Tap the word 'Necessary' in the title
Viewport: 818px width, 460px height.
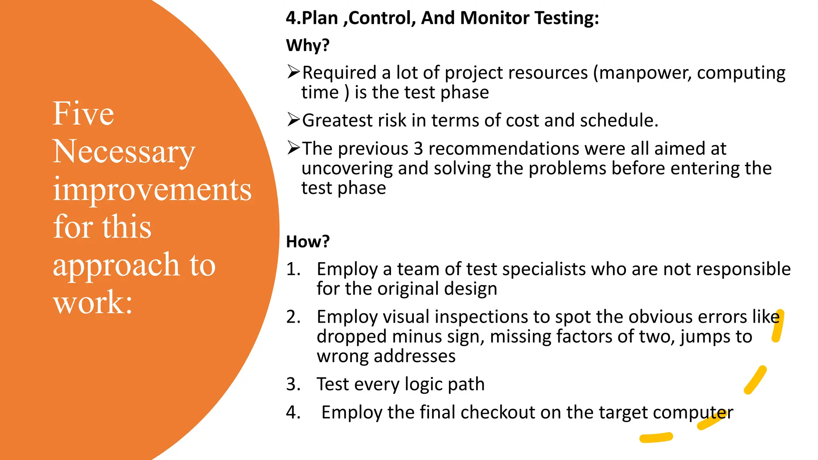point(124,152)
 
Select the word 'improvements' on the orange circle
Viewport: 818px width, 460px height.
point(152,189)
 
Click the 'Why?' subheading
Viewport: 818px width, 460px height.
point(308,45)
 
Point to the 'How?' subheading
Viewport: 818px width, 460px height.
point(308,242)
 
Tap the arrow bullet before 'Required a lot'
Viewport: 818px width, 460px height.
point(293,72)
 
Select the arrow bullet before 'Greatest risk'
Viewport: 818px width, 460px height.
point(293,119)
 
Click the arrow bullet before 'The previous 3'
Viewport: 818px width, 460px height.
point(293,148)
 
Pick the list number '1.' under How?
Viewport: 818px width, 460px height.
point(293,269)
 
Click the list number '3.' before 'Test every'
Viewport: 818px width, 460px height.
point(293,384)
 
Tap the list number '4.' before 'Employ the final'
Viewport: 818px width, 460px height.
point(293,412)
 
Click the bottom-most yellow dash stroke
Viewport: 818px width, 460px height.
point(656,438)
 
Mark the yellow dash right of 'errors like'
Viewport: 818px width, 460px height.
point(778,326)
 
